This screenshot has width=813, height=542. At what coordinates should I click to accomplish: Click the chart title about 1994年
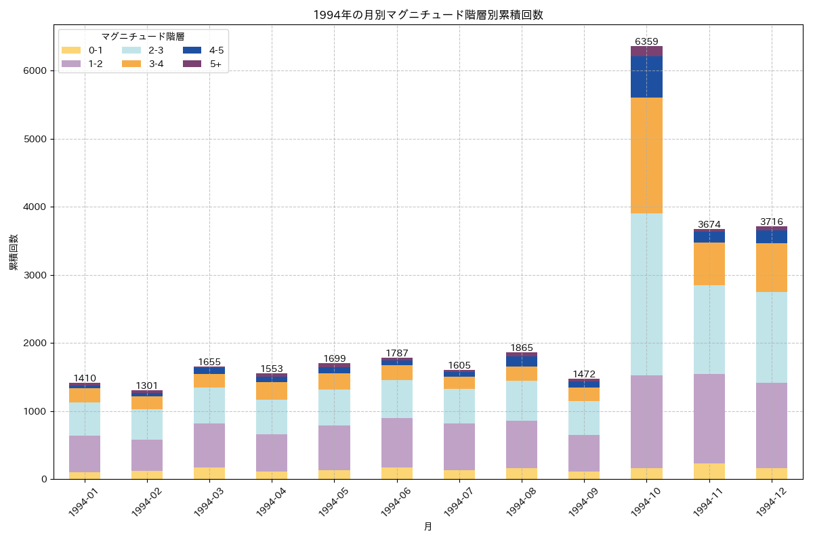pos(428,15)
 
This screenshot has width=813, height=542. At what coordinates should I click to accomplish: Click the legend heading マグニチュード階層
pos(143,37)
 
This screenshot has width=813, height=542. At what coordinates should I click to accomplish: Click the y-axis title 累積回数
pos(14,253)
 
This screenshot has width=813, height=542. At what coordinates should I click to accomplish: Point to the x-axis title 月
pos(428,526)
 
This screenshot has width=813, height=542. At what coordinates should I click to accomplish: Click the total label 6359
pos(646,41)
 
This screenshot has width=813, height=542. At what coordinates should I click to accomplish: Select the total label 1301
pos(147,385)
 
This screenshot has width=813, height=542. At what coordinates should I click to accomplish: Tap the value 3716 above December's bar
pos(772,222)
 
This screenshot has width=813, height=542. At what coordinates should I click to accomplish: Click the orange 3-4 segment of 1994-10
pos(646,155)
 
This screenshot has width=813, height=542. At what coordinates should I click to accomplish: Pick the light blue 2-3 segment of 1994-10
pos(646,294)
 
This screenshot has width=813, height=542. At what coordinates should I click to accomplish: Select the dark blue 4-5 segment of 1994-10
pos(646,77)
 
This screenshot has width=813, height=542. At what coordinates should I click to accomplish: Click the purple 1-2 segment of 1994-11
pos(709,419)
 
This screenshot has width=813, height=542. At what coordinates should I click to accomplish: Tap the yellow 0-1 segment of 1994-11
pos(709,472)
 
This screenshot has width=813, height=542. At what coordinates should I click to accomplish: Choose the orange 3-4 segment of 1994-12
pos(772,268)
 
